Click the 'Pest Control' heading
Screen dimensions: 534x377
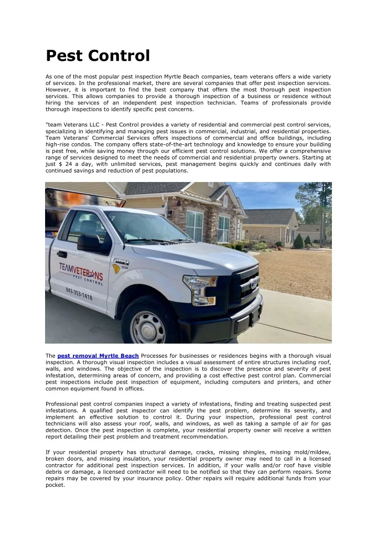[x=98, y=55]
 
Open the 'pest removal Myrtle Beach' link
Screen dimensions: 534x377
[x=98, y=356]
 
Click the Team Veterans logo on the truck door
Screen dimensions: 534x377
[x=81, y=273]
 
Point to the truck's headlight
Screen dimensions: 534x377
[x=200, y=286]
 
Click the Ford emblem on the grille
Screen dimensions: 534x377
[x=254, y=283]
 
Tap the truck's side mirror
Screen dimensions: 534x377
[x=89, y=242]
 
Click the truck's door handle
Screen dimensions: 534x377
[x=62, y=254]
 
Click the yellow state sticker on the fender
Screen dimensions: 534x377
[x=116, y=269]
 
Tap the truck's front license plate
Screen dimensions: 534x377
[x=256, y=315]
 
